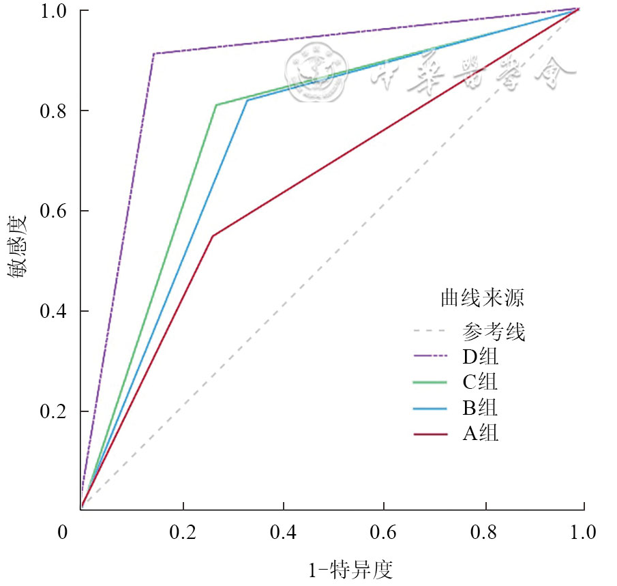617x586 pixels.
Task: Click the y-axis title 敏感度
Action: pos(18,247)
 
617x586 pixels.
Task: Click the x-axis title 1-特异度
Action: pos(351,568)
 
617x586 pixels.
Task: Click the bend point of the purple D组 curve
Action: pos(153,53)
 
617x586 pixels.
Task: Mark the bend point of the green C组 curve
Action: pos(215,104)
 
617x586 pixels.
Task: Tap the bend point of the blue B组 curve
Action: pos(247,100)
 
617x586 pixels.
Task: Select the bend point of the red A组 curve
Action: pos(213,236)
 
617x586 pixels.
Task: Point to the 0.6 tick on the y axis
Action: pos(80,211)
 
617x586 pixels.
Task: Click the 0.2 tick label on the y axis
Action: pos(56,412)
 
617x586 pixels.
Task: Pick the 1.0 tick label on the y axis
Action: pos(56,12)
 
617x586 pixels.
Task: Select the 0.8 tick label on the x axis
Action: pos(485,531)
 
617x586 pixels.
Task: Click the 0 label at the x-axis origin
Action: pos(63,531)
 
